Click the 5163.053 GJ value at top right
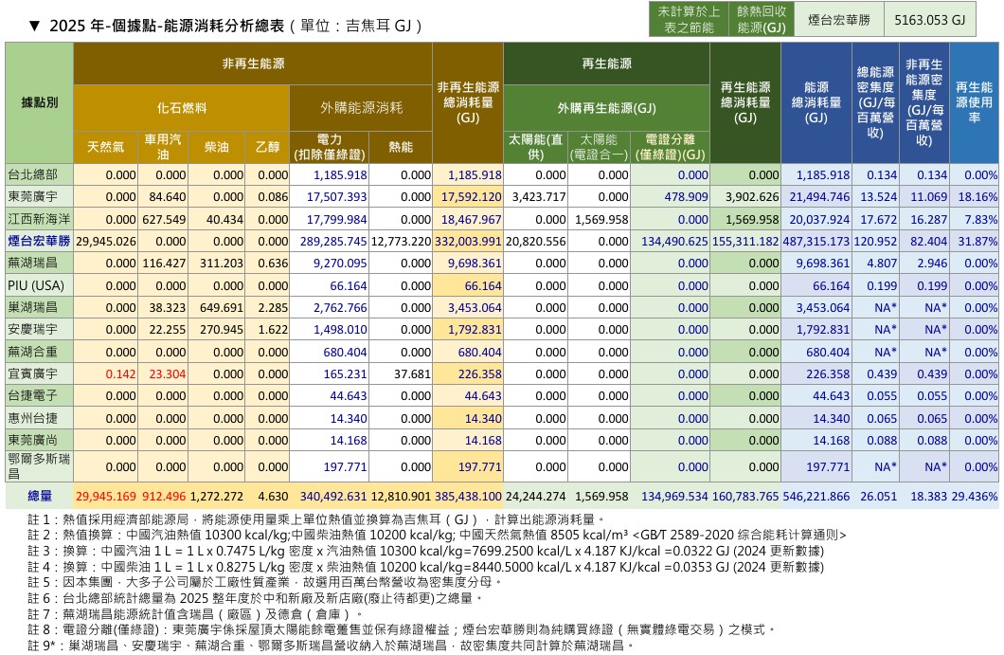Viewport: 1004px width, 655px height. click(x=929, y=20)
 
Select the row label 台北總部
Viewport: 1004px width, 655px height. click(x=32, y=174)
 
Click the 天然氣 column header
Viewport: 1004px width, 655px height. click(x=106, y=147)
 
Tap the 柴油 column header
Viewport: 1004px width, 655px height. click(x=216, y=147)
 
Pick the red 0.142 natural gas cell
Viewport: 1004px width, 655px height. click(x=121, y=374)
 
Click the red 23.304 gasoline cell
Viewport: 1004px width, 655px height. click(x=167, y=374)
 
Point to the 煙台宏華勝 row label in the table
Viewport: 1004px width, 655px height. click(x=39, y=241)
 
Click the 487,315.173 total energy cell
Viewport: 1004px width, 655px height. click(x=816, y=242)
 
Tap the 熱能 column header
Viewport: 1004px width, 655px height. click(x=401, y=147)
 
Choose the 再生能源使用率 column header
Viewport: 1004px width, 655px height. click(x=974, y=102)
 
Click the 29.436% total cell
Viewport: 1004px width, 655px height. click(x=975, y=496)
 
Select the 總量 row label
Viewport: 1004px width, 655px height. click(x=40, y=496)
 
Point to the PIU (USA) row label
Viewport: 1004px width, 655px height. click(x=36, y=286)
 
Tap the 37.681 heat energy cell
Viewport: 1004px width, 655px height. click(x=412, y=374)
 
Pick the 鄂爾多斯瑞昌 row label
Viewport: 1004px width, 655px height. click(x=39, y=466)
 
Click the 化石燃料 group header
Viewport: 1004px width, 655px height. click(x=182, y=108)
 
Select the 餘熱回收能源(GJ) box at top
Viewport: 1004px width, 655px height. click(x=762, y=19)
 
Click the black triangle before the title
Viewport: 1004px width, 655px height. click(x=35, y=26)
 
